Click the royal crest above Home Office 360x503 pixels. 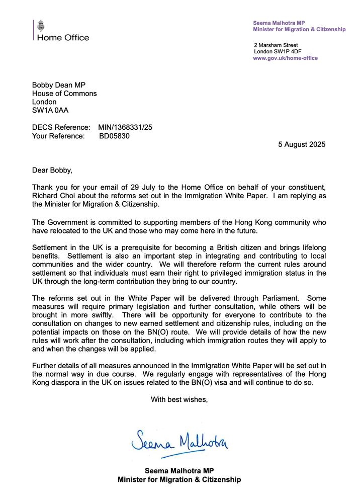[41, 25]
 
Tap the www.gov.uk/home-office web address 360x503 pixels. [285, 58]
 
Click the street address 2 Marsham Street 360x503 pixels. [276, 45]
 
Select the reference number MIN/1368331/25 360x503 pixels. [125, 127]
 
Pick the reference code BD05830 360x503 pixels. [114, 136]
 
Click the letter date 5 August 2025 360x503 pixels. [302, 144]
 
